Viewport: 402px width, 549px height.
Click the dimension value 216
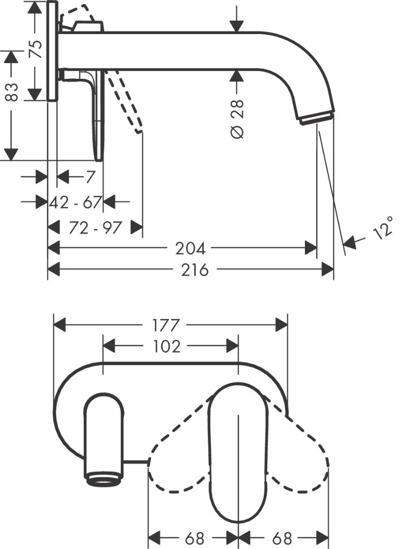(x=192, y=269)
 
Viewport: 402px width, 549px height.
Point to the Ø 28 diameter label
(x=237, y=118)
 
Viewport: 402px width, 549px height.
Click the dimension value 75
(x=36, y=49)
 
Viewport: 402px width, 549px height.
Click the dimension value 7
(x=89, y=177)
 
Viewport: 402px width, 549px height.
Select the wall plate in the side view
(x=52, y=51)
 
